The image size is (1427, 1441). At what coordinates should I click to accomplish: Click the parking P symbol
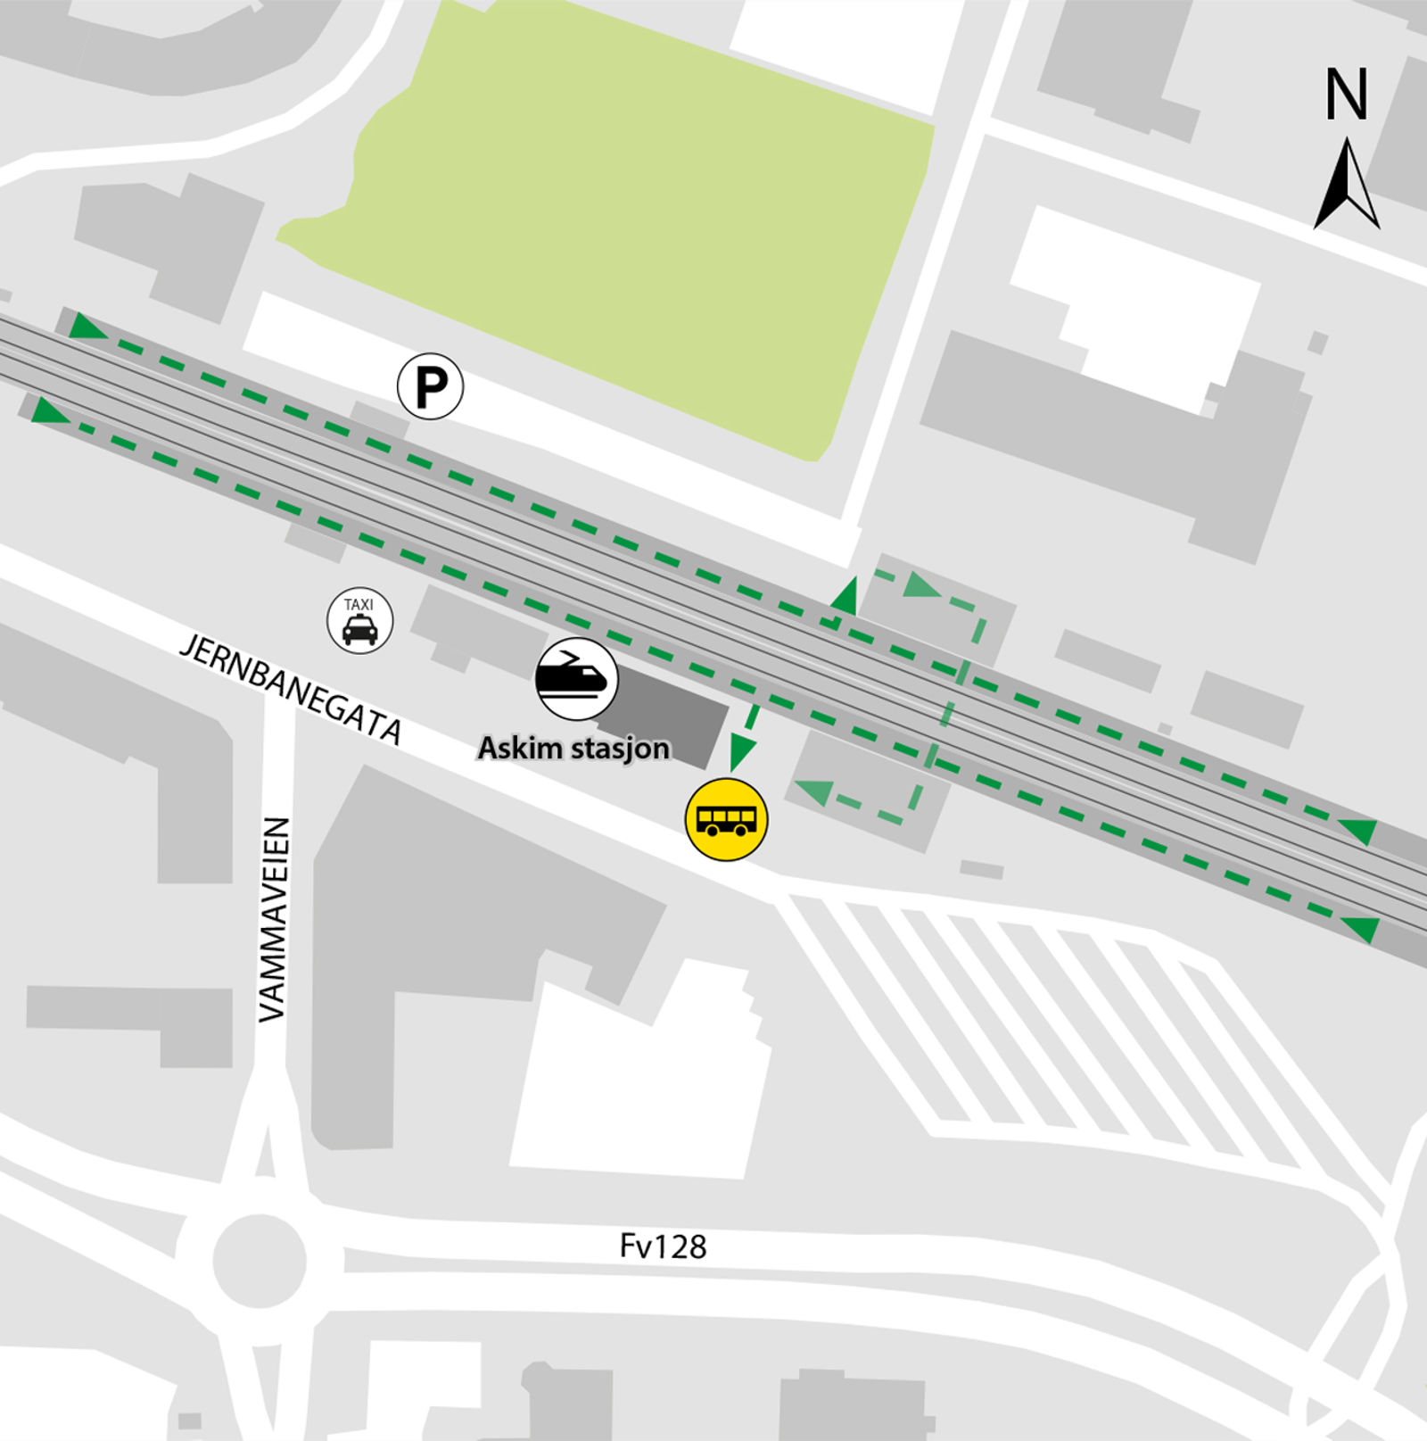pos(430,386)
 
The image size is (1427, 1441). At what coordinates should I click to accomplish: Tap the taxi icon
pos(359,620)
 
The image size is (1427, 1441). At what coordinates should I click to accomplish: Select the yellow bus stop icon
pos(726,819)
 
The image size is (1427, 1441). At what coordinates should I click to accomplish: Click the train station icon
pos(577,679)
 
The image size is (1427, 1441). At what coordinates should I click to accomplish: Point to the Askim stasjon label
pos(573,748)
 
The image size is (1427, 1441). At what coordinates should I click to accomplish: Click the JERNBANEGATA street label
pos(292,688)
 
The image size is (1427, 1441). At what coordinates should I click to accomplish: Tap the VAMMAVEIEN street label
pos(274,919)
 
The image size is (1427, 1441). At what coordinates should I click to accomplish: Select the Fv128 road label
pos(663,1246)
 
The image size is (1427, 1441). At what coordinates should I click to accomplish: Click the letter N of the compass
pos(1346,95)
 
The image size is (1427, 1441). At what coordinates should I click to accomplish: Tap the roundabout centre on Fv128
pos(259,1261)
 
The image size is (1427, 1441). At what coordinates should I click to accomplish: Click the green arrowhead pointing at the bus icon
pos(737,757)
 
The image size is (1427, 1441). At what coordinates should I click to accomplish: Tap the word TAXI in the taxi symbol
pos(359,605)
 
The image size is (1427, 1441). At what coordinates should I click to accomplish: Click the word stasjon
pos(621,748)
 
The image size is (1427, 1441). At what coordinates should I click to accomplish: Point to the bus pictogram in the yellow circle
pos(726,820)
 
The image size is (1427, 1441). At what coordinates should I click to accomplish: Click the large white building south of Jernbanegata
pos(638,1080)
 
